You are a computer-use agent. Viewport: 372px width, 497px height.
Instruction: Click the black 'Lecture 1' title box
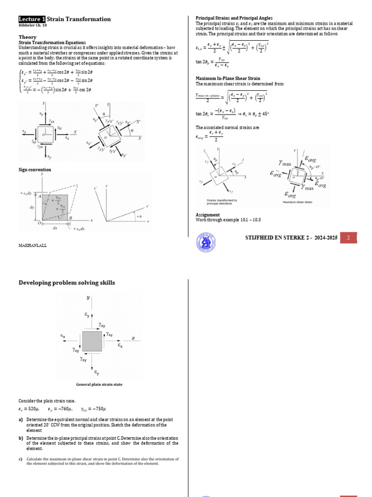[32, 19]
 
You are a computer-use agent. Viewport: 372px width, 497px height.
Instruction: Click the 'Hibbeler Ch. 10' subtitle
[32, 25]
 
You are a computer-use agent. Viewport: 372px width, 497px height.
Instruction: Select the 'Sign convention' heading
[34, 170]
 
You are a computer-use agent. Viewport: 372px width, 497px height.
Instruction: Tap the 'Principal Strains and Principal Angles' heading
[234, 18]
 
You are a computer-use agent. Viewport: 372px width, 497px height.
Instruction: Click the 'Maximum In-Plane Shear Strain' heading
[228, 78]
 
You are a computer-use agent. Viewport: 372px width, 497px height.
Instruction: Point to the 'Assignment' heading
[208, 215]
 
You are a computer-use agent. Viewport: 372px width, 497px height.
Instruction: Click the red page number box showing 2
[348, 238]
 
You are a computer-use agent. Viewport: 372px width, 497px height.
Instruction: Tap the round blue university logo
[206, 241]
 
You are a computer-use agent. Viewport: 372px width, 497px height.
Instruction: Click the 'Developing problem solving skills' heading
[67, 282]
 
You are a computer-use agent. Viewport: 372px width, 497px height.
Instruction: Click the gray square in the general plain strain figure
[92, 341]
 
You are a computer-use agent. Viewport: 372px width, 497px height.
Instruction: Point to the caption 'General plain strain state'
[99, 384]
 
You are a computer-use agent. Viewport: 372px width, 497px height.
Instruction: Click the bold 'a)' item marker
[21, 419]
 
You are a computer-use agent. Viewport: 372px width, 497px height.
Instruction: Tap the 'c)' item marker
[21, 459]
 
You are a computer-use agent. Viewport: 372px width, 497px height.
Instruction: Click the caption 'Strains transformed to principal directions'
[221, 201]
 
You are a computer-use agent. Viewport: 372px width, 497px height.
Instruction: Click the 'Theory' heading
[27, 37]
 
